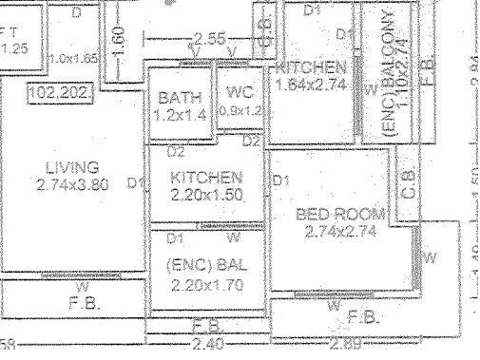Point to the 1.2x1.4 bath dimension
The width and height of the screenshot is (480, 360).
179,115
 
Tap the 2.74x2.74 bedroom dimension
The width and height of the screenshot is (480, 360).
339,230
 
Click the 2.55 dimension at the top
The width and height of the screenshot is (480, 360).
209,40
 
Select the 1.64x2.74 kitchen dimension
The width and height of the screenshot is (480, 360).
311,85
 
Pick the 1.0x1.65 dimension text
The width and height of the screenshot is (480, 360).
76,59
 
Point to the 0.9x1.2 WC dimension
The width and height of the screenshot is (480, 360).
239,110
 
